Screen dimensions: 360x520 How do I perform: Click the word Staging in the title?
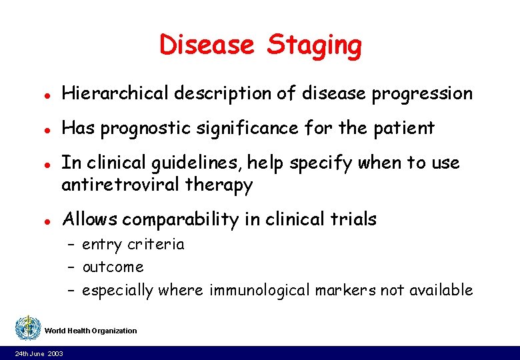point(315,46)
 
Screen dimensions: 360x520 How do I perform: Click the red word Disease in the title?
point(207,45)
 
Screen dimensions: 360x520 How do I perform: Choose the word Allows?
point(89,219)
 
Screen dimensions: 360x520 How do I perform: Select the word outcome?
point(113,267)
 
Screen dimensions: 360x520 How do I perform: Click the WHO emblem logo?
point(27,328)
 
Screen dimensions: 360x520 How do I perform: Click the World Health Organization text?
point(91,331)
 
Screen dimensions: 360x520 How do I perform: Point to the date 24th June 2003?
point(39,353)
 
